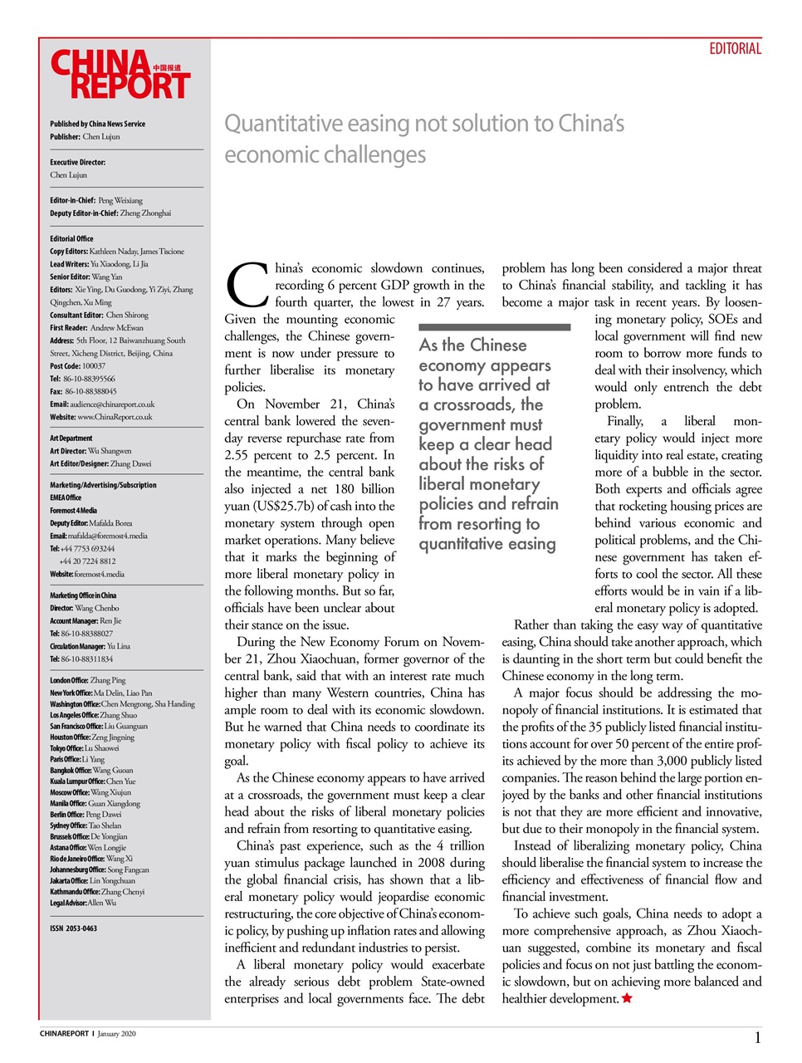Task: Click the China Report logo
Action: [x=120, y=75]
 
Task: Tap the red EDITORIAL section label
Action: [x=735, y=49]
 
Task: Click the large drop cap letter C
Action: [x=247, y=286]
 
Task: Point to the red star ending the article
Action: [x=627, y=998]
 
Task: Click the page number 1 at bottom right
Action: [x=757, y=1037]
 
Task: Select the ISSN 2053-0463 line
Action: [x=73, y=928]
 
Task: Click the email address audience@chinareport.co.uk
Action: [x=112, y=404]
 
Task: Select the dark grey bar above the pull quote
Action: [x=495, y=327]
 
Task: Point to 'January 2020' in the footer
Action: [x=116, y=1034]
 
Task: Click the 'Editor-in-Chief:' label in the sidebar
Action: [x=72, y=200]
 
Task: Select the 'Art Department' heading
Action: [x=71, y=438]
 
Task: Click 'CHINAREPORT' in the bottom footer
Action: [x=64, y=1034]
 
